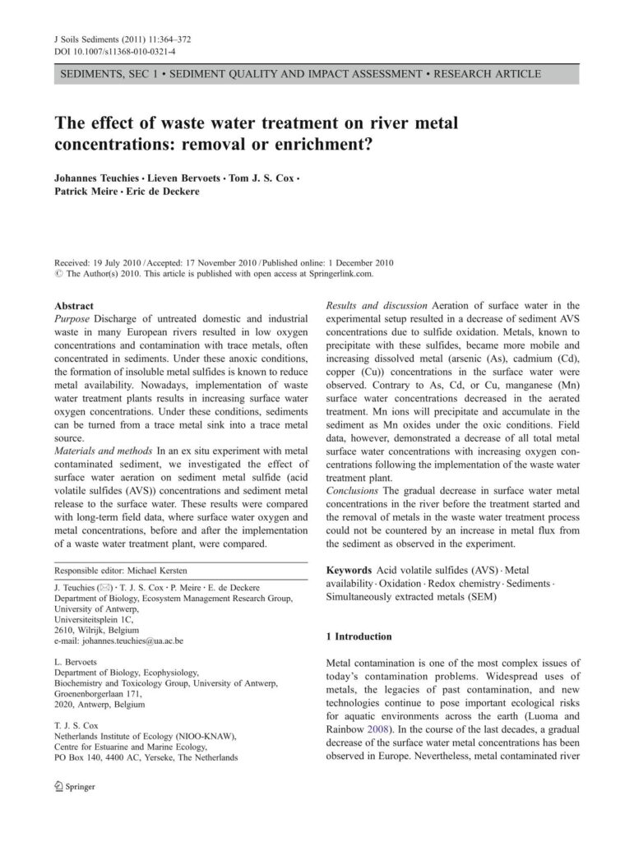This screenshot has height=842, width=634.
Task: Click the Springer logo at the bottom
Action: (75, 787)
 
